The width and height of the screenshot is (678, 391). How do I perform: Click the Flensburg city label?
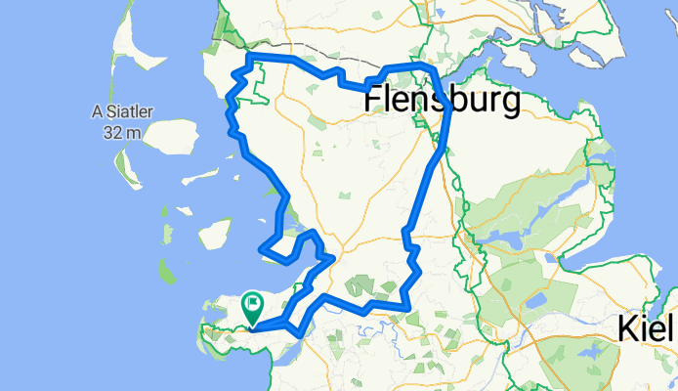tap(444, 101)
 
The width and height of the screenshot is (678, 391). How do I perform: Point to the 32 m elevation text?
tap(122, 131)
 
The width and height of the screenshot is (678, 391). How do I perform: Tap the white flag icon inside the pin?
tap(252, 304)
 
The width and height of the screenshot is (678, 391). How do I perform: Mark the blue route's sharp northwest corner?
tap(250, 60)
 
